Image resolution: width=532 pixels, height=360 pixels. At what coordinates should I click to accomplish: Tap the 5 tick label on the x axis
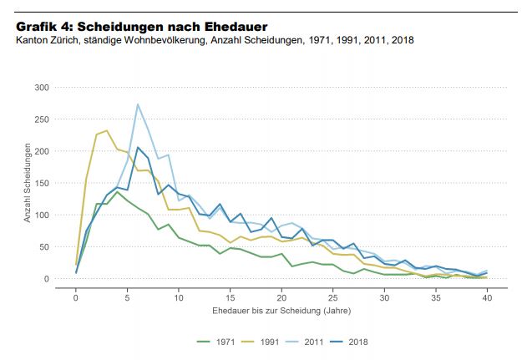coord(127,297)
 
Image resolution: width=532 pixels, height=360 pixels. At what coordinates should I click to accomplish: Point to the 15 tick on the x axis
coord(231,297)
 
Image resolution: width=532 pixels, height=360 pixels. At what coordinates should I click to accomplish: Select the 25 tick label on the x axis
coord(333,297)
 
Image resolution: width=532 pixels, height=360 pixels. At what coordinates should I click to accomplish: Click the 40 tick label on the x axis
coord(487,297)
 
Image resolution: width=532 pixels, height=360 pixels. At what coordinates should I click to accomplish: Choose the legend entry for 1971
coord(217,341)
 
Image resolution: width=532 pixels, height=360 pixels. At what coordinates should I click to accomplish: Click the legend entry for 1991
coord(264,341)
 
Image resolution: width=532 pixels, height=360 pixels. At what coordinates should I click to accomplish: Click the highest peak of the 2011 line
coord(138,104)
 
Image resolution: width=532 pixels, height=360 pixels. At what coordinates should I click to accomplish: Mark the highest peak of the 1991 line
coord(107,130)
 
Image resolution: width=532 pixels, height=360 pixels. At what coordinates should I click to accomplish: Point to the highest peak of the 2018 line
coord(138,148)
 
